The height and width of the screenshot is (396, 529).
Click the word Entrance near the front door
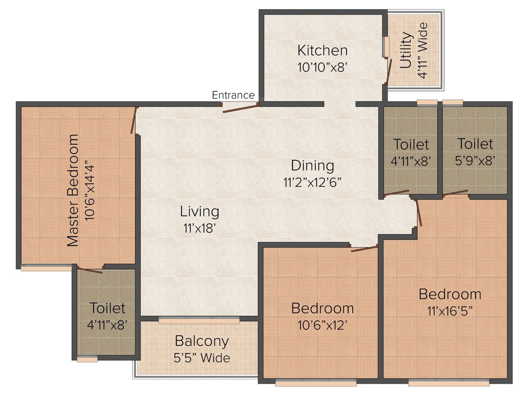pyautogui.click(x=233, y=95)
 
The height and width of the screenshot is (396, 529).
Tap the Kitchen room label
pyautogui.click(x=322, y=51)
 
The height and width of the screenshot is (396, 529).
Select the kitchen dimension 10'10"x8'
pyautogui.click(x=322, y=67)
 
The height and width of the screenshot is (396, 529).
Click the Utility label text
pyautogui.click(x=407, y=51)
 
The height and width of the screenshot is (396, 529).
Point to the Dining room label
pyautogui.click(x=313, y=166)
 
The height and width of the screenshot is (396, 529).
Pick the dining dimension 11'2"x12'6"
pyautogui.click(x=313, y=182)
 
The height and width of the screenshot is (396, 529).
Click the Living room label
pyautogui.click(x=199, y=211)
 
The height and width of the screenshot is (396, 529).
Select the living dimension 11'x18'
pyautogui.click(x=199, y=227)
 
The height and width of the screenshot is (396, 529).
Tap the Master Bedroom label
pyautogui.click(x=74, y=190)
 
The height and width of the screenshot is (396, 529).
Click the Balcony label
pyautogui.click(x=201, y=341)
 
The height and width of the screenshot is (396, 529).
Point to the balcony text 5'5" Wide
pyautogui.click(x=201, y=357)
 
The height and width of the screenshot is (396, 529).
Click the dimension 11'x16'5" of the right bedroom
pyautogui.click(x=450, y=311)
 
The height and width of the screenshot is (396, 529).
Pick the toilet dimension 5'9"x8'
pyautogui.click(x=475, y=160)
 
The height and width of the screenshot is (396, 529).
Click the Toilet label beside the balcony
pyautogui.click(x=107, y=308)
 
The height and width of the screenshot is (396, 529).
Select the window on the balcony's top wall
pyautogui.click(x=199, y=321)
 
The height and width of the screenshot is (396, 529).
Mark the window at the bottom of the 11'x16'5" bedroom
pyautogui.click(x=448, y=383)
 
